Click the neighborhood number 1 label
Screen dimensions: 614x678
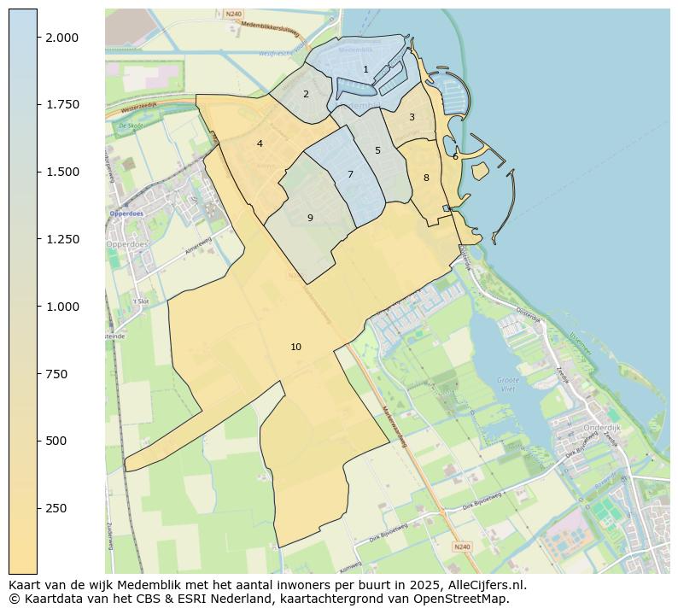[x=365, y=70]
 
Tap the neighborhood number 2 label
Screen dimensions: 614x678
[x=306, y=94]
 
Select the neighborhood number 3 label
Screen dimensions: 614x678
[x=412, y=117]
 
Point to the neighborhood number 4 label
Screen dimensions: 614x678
[x=260, y=143]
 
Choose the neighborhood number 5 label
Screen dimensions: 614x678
[x=377, y=150]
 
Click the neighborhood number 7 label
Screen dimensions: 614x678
[x=350, y=174]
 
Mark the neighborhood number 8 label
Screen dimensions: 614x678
[x=426, y=178]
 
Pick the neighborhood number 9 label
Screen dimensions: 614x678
[x=310, y=218]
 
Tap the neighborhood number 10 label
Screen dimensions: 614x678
[x=295, y=347]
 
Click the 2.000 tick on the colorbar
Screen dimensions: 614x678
[x=61, y=38]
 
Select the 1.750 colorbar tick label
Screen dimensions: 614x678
[x=61, y=105]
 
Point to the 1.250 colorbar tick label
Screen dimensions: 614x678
[x=61, y=239]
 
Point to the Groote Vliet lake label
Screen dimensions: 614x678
[x=507, y=383]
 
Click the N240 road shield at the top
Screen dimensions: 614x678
[x=233, y=15]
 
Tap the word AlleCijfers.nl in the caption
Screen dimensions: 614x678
[x=487, y=586]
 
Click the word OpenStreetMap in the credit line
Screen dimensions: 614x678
[x=467, y=599]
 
